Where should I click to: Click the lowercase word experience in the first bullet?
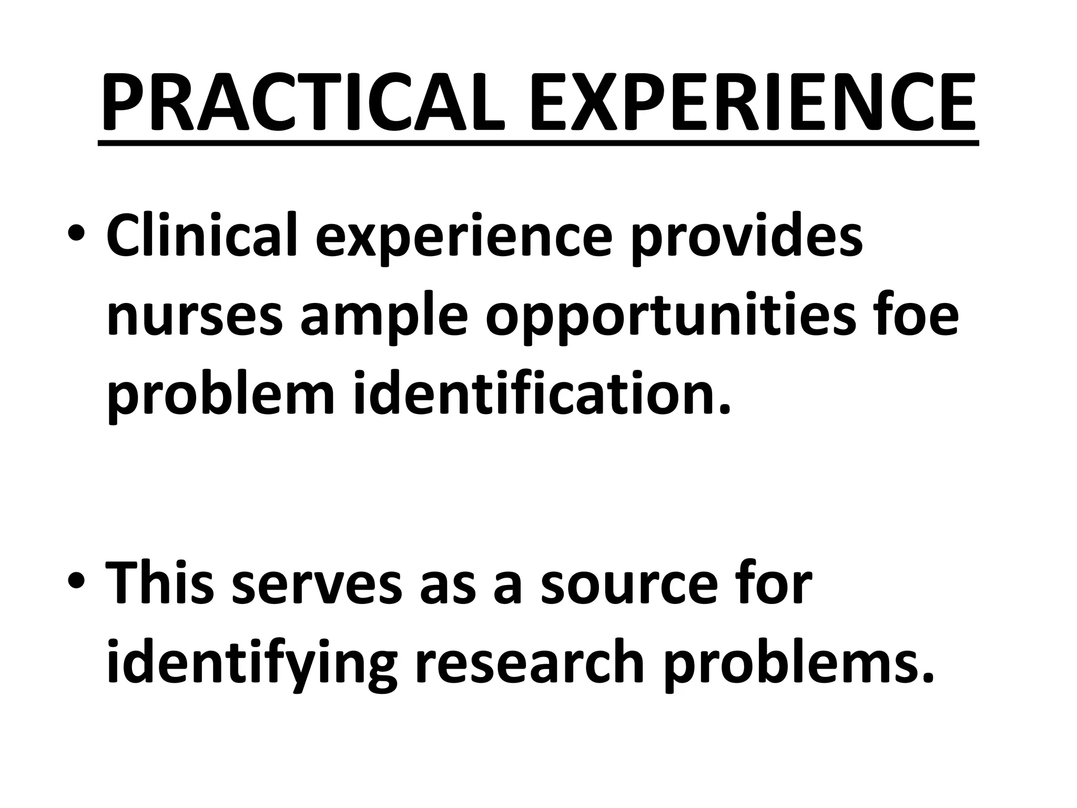(464, 239)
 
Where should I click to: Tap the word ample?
(383, 321)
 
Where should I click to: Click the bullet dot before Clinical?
(76, 235)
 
